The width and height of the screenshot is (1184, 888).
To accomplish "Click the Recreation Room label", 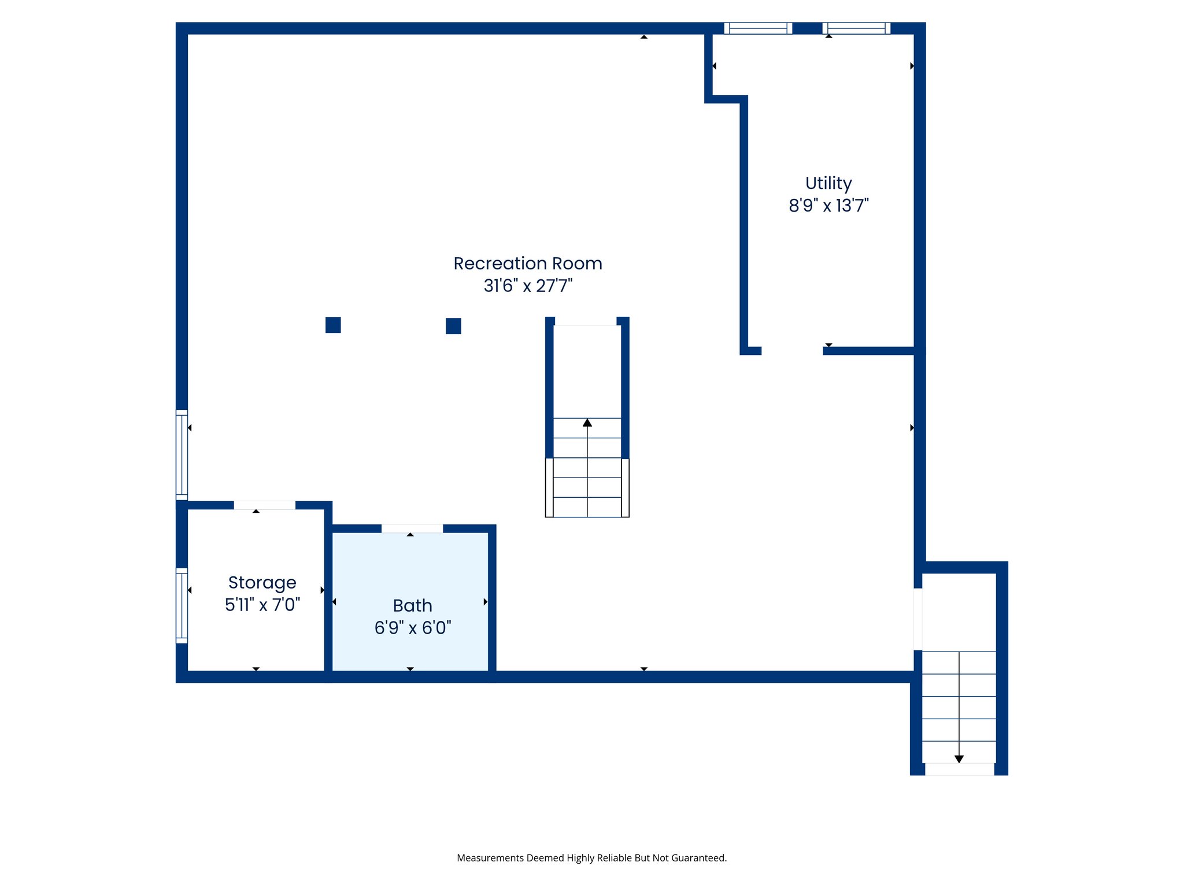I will coord(527,264).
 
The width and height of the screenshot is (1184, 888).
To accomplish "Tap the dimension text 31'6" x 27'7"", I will coord(527,286).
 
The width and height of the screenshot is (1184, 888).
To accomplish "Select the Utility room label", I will coord(828,183).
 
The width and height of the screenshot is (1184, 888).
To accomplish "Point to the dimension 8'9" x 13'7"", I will coord(828,205).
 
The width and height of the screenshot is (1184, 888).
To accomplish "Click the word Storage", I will coord(262,583).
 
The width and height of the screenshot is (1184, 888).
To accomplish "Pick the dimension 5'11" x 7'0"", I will coord(262,605).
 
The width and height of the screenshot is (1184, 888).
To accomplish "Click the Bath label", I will coord(412,605).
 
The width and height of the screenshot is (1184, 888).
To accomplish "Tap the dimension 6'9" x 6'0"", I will coord(412,627).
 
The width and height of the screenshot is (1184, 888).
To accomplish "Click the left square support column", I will coord(333,325).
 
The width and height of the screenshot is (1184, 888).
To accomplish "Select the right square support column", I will coord(453,326).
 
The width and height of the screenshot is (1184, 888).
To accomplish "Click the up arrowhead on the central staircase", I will coord(587,423).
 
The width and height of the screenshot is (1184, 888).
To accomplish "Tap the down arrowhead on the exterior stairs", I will coord(959,759).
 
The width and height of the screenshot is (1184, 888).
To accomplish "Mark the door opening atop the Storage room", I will coord(264,505).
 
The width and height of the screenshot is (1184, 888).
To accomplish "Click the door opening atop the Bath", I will coord(412,528).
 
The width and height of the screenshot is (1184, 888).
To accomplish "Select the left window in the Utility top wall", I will coord(758,28).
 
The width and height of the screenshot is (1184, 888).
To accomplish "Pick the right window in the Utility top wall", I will coord(856,28).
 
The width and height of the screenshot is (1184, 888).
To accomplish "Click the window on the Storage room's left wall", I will coord(182,605).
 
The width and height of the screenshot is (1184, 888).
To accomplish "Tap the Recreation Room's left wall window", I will coord(182,454).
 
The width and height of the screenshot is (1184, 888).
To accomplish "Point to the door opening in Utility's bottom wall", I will coord(792,351).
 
